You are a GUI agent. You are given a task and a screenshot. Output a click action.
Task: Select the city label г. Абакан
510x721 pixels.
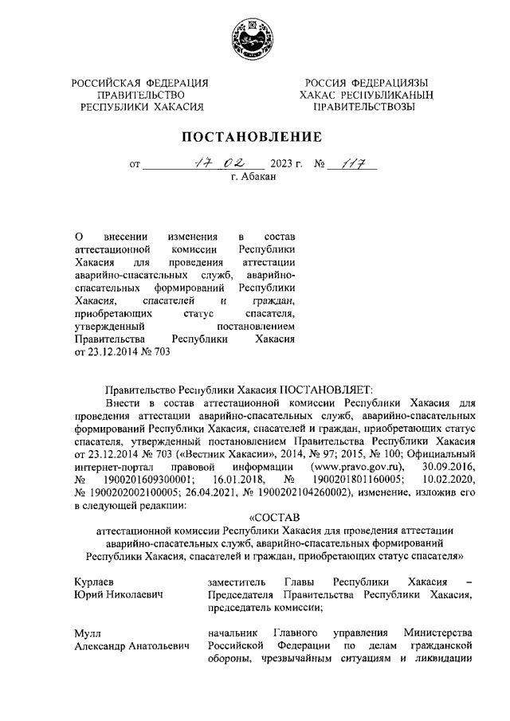253,177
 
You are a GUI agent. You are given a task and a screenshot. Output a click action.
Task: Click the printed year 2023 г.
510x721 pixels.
287,165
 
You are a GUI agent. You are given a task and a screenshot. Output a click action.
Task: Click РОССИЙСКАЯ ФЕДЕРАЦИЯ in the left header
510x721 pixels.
140,84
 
